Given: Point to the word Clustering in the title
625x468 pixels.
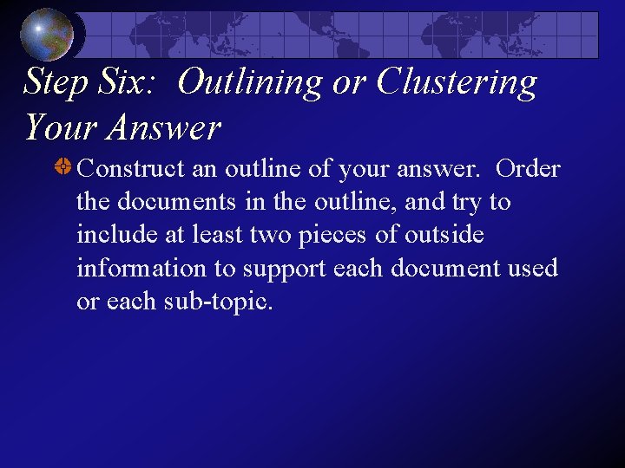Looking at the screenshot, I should tap(457, 82).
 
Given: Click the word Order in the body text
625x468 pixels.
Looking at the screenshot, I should tap(528, 169).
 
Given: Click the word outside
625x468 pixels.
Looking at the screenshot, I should tap(446, 235).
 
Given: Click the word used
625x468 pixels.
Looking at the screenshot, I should tap(533, 269).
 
